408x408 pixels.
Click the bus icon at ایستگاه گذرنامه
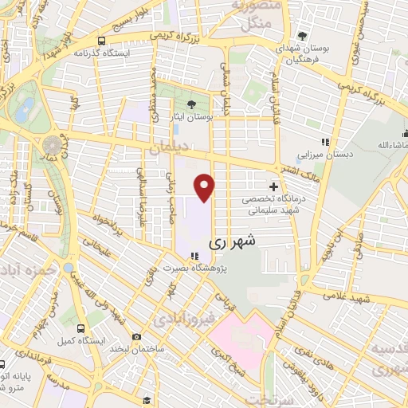[101, 41]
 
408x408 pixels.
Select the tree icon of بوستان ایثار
[190, 105]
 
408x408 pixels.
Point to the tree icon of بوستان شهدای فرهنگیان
[302, 36]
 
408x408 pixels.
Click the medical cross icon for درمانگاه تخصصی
[273, 186]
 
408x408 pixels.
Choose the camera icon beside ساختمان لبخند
[138, 337]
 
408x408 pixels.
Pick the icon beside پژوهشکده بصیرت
[192, 256]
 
